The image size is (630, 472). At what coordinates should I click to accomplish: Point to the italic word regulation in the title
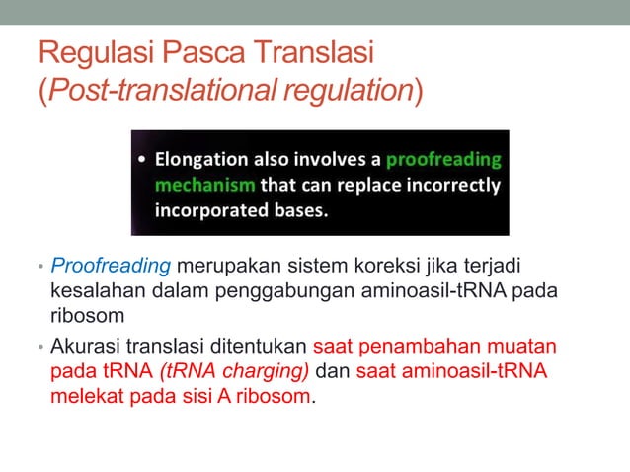coord(345,91)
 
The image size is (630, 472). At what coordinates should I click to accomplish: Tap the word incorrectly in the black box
coord(452,185)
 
